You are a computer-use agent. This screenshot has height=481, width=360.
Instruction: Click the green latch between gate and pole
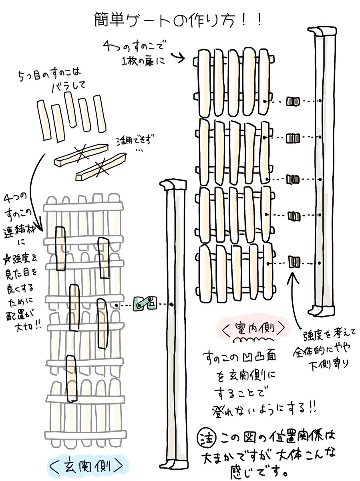point(145,303)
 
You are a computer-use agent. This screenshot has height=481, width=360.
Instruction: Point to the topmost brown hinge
point(294,101)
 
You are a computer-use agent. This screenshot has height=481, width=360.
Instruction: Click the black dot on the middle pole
point(172,305)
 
